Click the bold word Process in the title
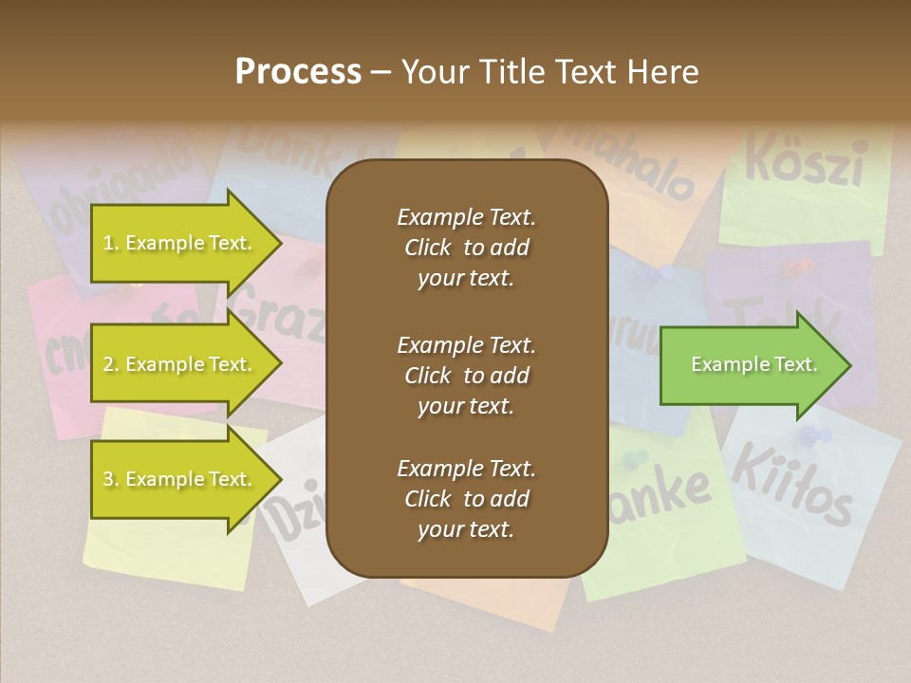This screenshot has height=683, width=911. point(298,72)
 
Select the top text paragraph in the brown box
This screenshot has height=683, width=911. point(466,248)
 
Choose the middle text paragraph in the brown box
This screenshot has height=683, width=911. point(466,375)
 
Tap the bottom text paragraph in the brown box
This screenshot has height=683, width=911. point(466,499)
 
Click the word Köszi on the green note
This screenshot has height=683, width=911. point(804,160)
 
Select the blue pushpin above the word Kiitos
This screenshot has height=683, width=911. point(814,436)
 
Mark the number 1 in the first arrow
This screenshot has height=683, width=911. point(108,244)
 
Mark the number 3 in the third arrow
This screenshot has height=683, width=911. point(108,480)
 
